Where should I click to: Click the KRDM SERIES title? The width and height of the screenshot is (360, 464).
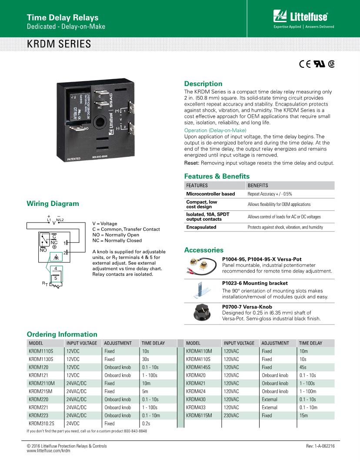click(59, 44)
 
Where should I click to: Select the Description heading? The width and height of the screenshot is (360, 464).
click(203, 83)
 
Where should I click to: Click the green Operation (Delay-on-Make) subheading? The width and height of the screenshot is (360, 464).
click(215, 130)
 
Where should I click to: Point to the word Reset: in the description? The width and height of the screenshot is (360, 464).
click(192, 163)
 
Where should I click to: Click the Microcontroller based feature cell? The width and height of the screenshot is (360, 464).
click(210, 194)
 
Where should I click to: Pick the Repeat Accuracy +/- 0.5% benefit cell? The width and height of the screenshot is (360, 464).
click(270, 194)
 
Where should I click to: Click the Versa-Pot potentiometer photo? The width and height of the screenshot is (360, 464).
click(202, 265)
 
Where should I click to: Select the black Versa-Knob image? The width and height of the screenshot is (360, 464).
click(202, 312)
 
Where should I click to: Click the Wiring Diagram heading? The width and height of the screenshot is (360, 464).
click(53, 203)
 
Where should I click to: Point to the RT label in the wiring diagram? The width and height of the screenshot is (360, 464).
click(45, 283)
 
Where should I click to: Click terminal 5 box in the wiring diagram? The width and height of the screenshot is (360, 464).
click(56, 277)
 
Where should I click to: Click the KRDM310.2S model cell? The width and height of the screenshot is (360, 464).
click(41, 423)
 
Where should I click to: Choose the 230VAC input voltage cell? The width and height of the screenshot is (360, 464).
click(231, 415)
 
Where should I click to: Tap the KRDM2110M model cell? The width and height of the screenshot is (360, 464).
click(42, 383)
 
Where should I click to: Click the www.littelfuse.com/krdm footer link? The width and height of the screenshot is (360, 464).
click(48, 451)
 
